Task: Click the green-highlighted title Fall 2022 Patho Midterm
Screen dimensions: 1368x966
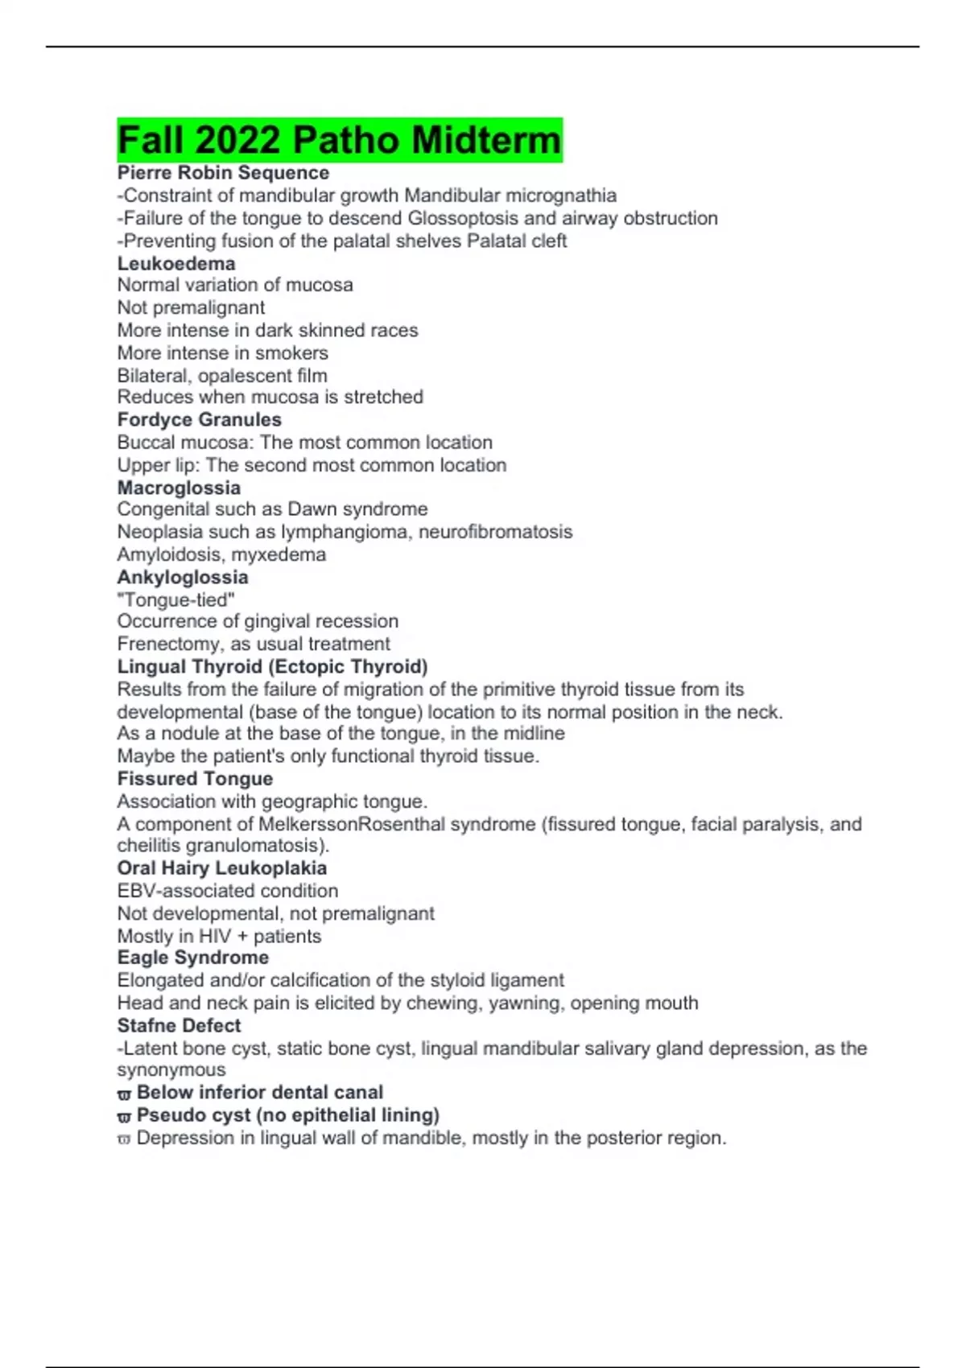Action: [339, 140]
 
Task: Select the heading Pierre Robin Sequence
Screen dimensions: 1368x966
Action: [223, 173]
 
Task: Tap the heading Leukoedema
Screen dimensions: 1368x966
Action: [176, 264]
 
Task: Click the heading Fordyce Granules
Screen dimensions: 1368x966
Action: [199, 420]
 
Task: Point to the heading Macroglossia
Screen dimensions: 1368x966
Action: [179, 488]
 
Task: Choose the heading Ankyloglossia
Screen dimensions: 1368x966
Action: [183, 578]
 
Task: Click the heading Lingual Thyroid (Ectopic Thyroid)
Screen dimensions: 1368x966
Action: [272, 667]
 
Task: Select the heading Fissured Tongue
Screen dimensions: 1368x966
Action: [195, 779]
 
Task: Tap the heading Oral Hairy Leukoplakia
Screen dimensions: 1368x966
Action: [221, 868]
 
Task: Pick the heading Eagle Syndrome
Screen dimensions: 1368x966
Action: [192, 958]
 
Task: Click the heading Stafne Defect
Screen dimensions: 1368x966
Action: [179, 1026]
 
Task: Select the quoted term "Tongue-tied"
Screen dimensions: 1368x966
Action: [175, 600]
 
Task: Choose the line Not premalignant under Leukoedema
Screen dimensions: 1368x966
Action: [191, 307]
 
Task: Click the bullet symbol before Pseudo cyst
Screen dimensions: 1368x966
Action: [124, 1117]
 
